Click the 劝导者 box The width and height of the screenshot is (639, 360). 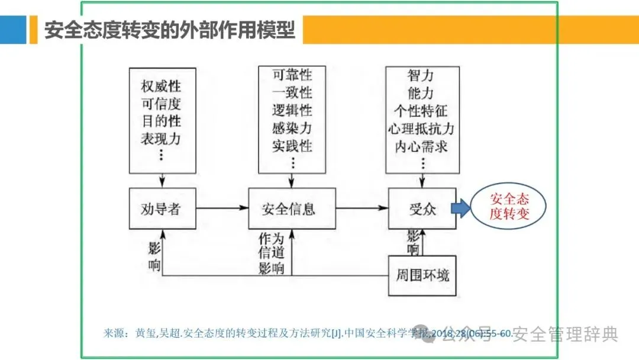coord(162,208)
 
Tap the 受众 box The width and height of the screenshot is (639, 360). coord(422,208)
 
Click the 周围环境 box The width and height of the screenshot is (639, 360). coord(422,275)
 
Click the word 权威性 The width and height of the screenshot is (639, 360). coord(161,86)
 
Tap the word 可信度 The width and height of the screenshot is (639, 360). coord(161,104)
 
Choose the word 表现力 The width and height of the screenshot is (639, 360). coord(161,139)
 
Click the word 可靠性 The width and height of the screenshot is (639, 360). coord(292,75)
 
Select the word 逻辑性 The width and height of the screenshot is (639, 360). coord(292,110)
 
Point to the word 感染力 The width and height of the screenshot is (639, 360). coord(292,128)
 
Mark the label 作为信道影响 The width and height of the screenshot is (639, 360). coord(272,253)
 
